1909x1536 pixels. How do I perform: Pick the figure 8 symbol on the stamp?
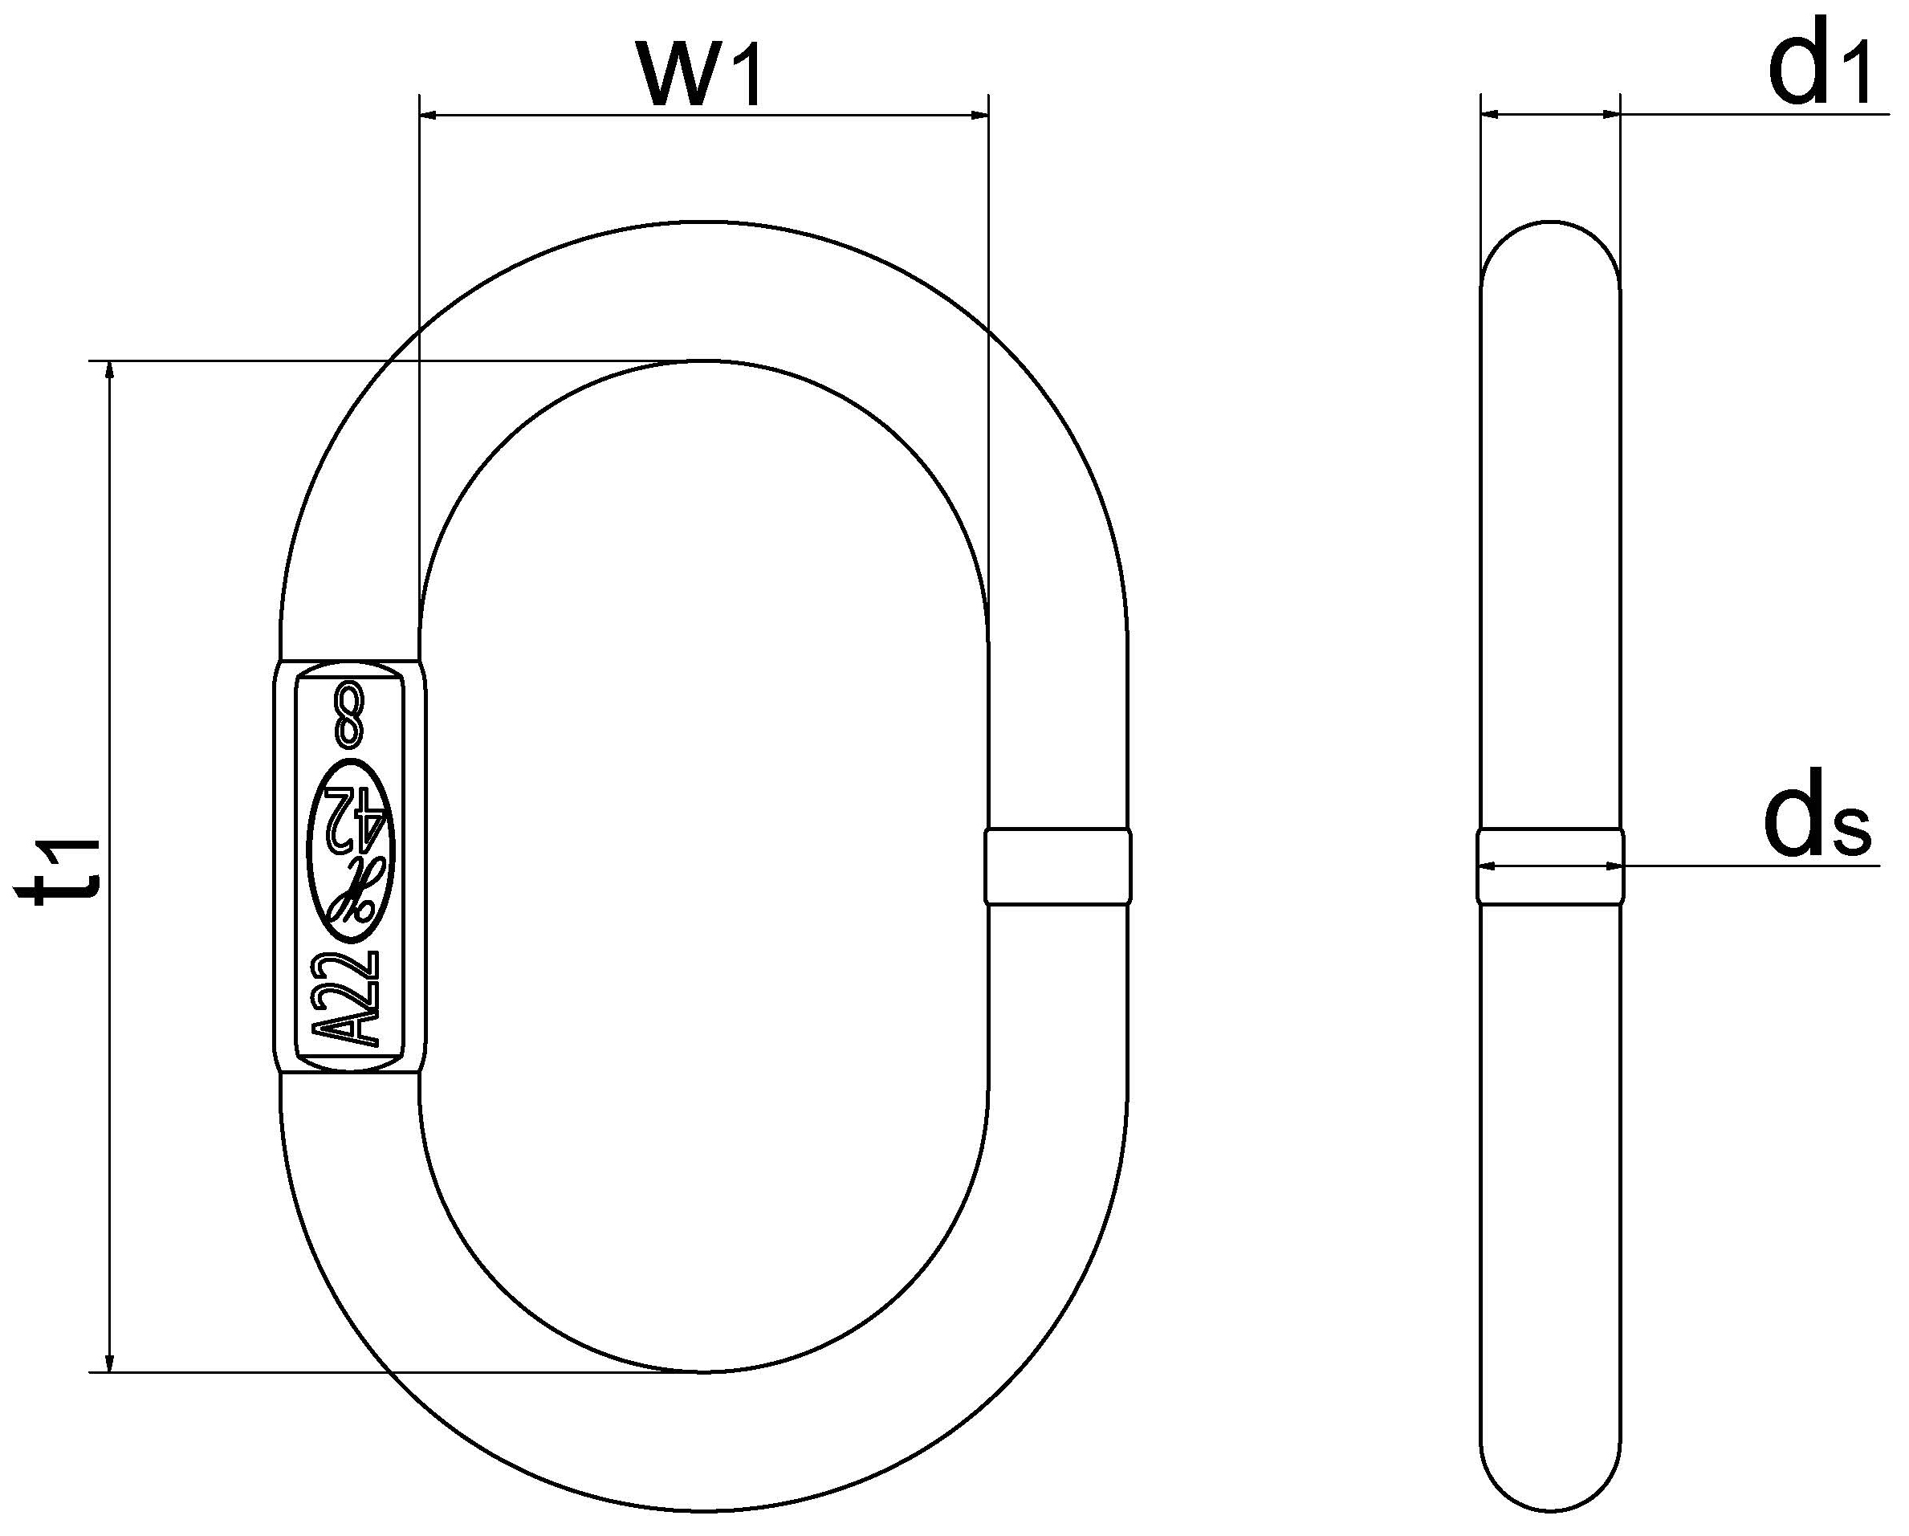348,713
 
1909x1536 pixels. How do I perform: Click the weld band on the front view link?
1057,866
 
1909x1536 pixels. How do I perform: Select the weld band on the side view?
1550,866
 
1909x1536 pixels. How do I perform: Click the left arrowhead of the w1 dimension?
430,114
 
